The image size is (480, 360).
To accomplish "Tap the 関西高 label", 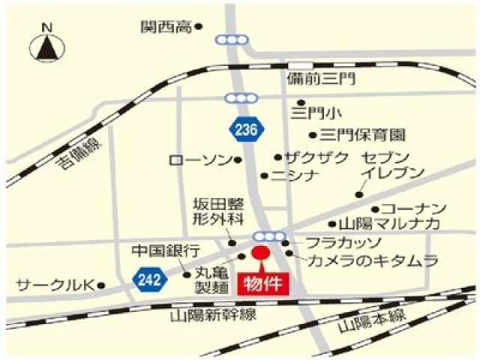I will point(166,27).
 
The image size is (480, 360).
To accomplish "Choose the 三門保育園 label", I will point(362,135).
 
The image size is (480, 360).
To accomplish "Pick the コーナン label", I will point(414,208).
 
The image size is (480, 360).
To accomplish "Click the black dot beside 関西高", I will point(199,27).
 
